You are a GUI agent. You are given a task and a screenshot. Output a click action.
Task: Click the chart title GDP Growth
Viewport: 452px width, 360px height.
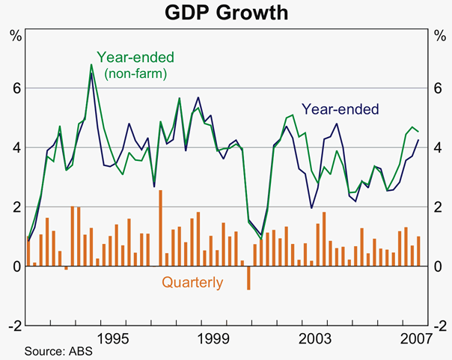(226, 13)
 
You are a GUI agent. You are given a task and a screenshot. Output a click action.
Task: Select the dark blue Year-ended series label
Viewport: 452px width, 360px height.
(340, 108)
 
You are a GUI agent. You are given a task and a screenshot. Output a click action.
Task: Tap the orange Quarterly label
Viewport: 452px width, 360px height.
(192, 283)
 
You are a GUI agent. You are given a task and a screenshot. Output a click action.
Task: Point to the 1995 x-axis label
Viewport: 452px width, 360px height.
(117, 338)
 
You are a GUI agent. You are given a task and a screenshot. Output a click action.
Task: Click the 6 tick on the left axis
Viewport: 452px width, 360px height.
(15, 88)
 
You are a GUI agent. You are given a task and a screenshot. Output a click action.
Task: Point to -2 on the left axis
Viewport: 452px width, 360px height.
(13, 326)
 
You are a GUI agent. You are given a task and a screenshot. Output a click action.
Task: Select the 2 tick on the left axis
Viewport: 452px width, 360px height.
(15, 207)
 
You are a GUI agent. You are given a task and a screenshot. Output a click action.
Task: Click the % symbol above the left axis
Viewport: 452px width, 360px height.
(15, 34)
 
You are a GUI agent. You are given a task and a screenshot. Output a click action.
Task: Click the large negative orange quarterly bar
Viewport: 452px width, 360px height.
(248, 277)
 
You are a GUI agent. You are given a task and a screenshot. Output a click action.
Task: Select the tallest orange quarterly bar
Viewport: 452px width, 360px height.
(160, 228)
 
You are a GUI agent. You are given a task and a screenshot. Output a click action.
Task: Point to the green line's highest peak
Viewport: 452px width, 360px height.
(91, 65)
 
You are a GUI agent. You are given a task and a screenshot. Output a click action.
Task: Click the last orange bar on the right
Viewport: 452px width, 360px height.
(418, 251)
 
